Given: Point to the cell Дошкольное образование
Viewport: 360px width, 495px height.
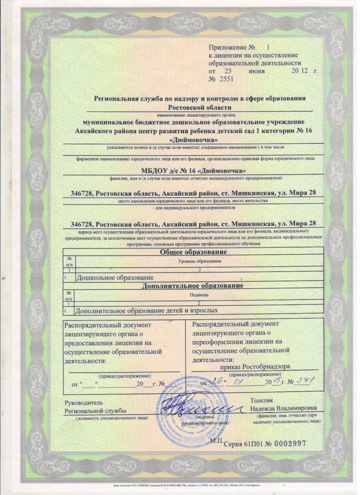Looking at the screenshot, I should pos(116,278).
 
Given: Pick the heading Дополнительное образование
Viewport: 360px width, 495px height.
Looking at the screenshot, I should pos(192,286).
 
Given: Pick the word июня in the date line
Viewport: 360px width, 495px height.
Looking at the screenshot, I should pos(256,71).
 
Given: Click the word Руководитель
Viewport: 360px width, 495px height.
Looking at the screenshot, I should pos(80,403).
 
